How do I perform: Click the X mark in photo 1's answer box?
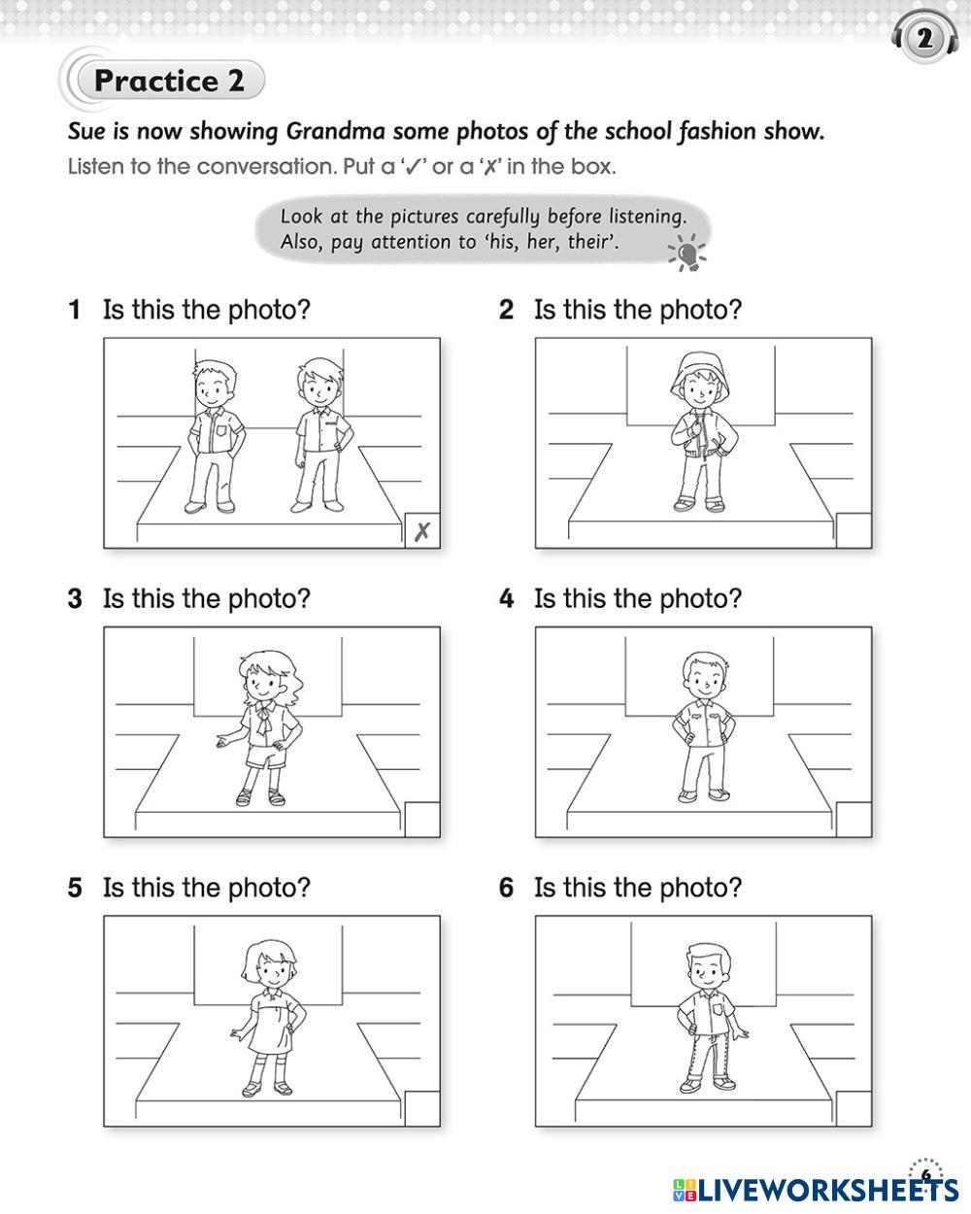click(422, 531)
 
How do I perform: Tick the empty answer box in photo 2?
click(854, 530)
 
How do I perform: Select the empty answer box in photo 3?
click(422, 820)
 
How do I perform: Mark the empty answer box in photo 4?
click(854, 820)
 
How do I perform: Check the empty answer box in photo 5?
click(422, 1108)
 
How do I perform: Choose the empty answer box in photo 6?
click(854, 1108)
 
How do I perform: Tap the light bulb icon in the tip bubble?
click(687, 253)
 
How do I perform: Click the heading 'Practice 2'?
click(169, 81)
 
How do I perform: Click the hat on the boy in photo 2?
click(700, 375)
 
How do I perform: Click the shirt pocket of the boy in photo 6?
click(718, 1009)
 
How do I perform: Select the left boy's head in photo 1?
click(214, 383)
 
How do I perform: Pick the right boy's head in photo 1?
click(319, 382)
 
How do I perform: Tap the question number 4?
click(506, 599)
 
